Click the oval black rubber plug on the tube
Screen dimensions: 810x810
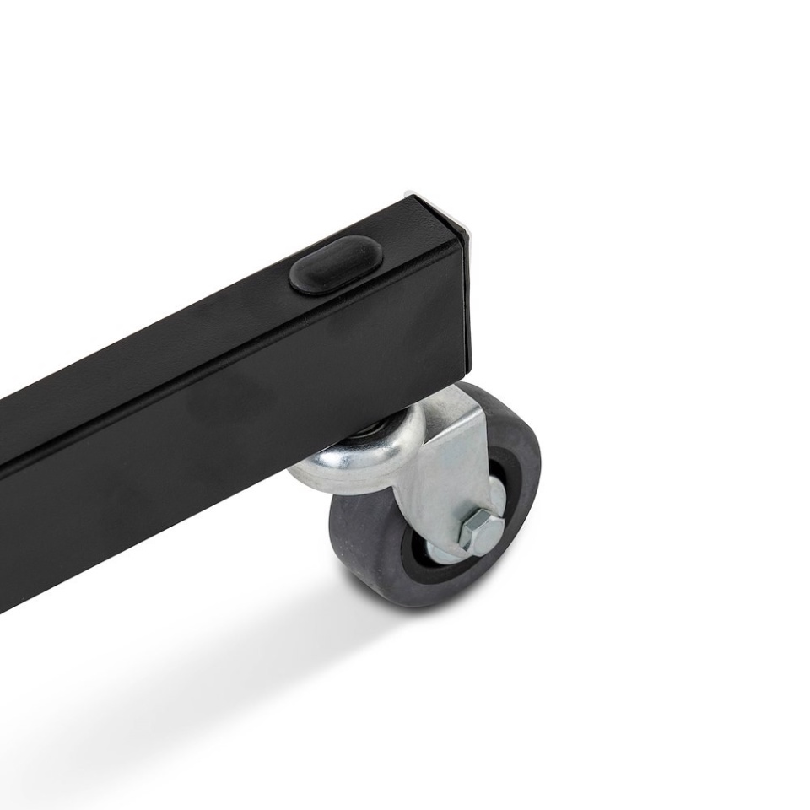[x=336, y=265]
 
